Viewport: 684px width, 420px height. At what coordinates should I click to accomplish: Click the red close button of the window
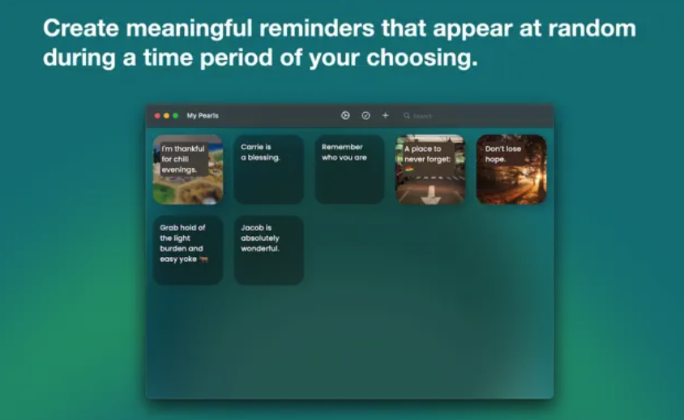(x=157, y=116)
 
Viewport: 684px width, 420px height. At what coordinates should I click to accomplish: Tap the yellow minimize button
(x=166, y=116)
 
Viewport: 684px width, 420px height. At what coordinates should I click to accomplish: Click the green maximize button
(x=175, y=116)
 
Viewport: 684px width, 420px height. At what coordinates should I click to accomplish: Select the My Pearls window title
(x=203, y=116)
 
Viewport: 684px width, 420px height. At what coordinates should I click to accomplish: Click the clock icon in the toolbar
(x=345, y=115)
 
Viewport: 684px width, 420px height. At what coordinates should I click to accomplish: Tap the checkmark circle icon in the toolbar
(x=366, y=115)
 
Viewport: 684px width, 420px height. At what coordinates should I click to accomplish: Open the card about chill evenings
(x=188, y=169)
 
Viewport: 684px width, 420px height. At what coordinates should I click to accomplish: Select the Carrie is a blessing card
(x=269, y=169)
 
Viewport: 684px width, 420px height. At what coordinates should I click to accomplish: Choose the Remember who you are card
(x=349, y=169)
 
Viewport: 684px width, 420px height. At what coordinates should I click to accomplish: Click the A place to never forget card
(x=430, y=169)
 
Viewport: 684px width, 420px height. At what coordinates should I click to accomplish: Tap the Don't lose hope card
(x=511, y=169)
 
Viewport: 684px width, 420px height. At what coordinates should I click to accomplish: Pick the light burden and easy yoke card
(x=188, y=251)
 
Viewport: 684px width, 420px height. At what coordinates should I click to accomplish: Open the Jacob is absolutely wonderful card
(x=269, y=251)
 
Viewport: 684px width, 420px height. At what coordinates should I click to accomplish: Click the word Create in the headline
(x=81, y=28)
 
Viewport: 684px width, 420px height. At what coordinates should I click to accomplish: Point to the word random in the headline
(x=592, y=28)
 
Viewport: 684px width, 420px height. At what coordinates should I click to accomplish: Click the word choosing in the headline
(x=422, y=58)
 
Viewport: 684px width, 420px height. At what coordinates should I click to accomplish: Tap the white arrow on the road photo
(x=431, y=195)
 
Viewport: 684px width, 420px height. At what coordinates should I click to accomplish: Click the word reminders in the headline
(x=317, y=28)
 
